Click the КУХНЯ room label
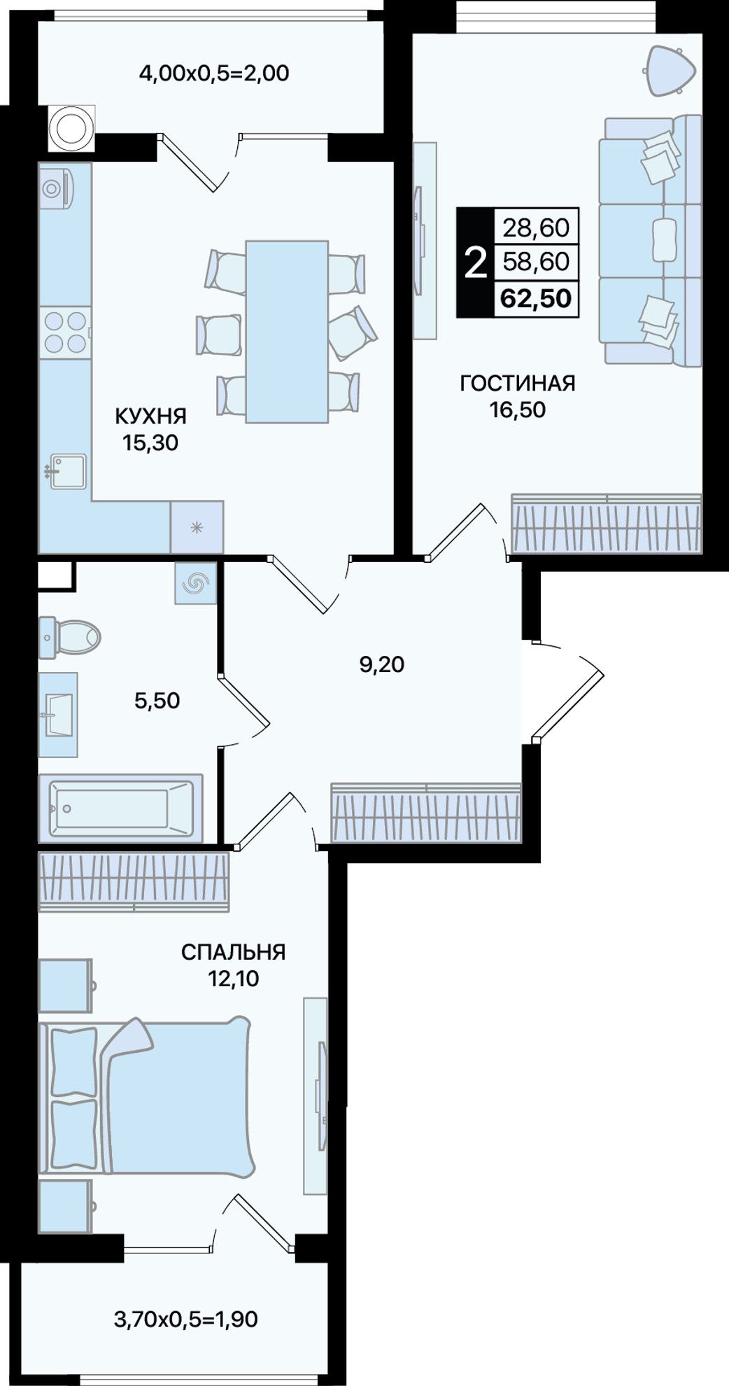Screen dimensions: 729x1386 [150, 416]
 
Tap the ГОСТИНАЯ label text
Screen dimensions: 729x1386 [518, 384]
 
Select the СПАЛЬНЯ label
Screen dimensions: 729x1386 [233, 952]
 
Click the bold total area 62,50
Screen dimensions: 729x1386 [536, 299]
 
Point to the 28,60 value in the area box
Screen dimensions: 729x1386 [536, 227]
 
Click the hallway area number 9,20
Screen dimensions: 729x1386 [382, 664]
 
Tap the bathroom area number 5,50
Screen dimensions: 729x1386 [157, 700]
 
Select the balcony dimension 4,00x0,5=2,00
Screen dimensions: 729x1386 [214, 73]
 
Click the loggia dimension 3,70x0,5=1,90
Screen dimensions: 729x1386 [185, 1319]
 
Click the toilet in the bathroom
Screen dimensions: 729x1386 [69, 638]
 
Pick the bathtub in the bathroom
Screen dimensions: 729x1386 [120, 808]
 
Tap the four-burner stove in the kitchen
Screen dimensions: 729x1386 [65, 332]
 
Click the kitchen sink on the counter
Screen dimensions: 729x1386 [67, 471]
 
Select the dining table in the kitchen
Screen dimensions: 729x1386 [287, 332]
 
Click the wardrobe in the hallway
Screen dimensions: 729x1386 [426, 812]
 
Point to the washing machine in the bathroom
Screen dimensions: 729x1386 [196, 582]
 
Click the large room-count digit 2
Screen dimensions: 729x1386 [476, 262]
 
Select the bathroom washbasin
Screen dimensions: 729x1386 [58, 715]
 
